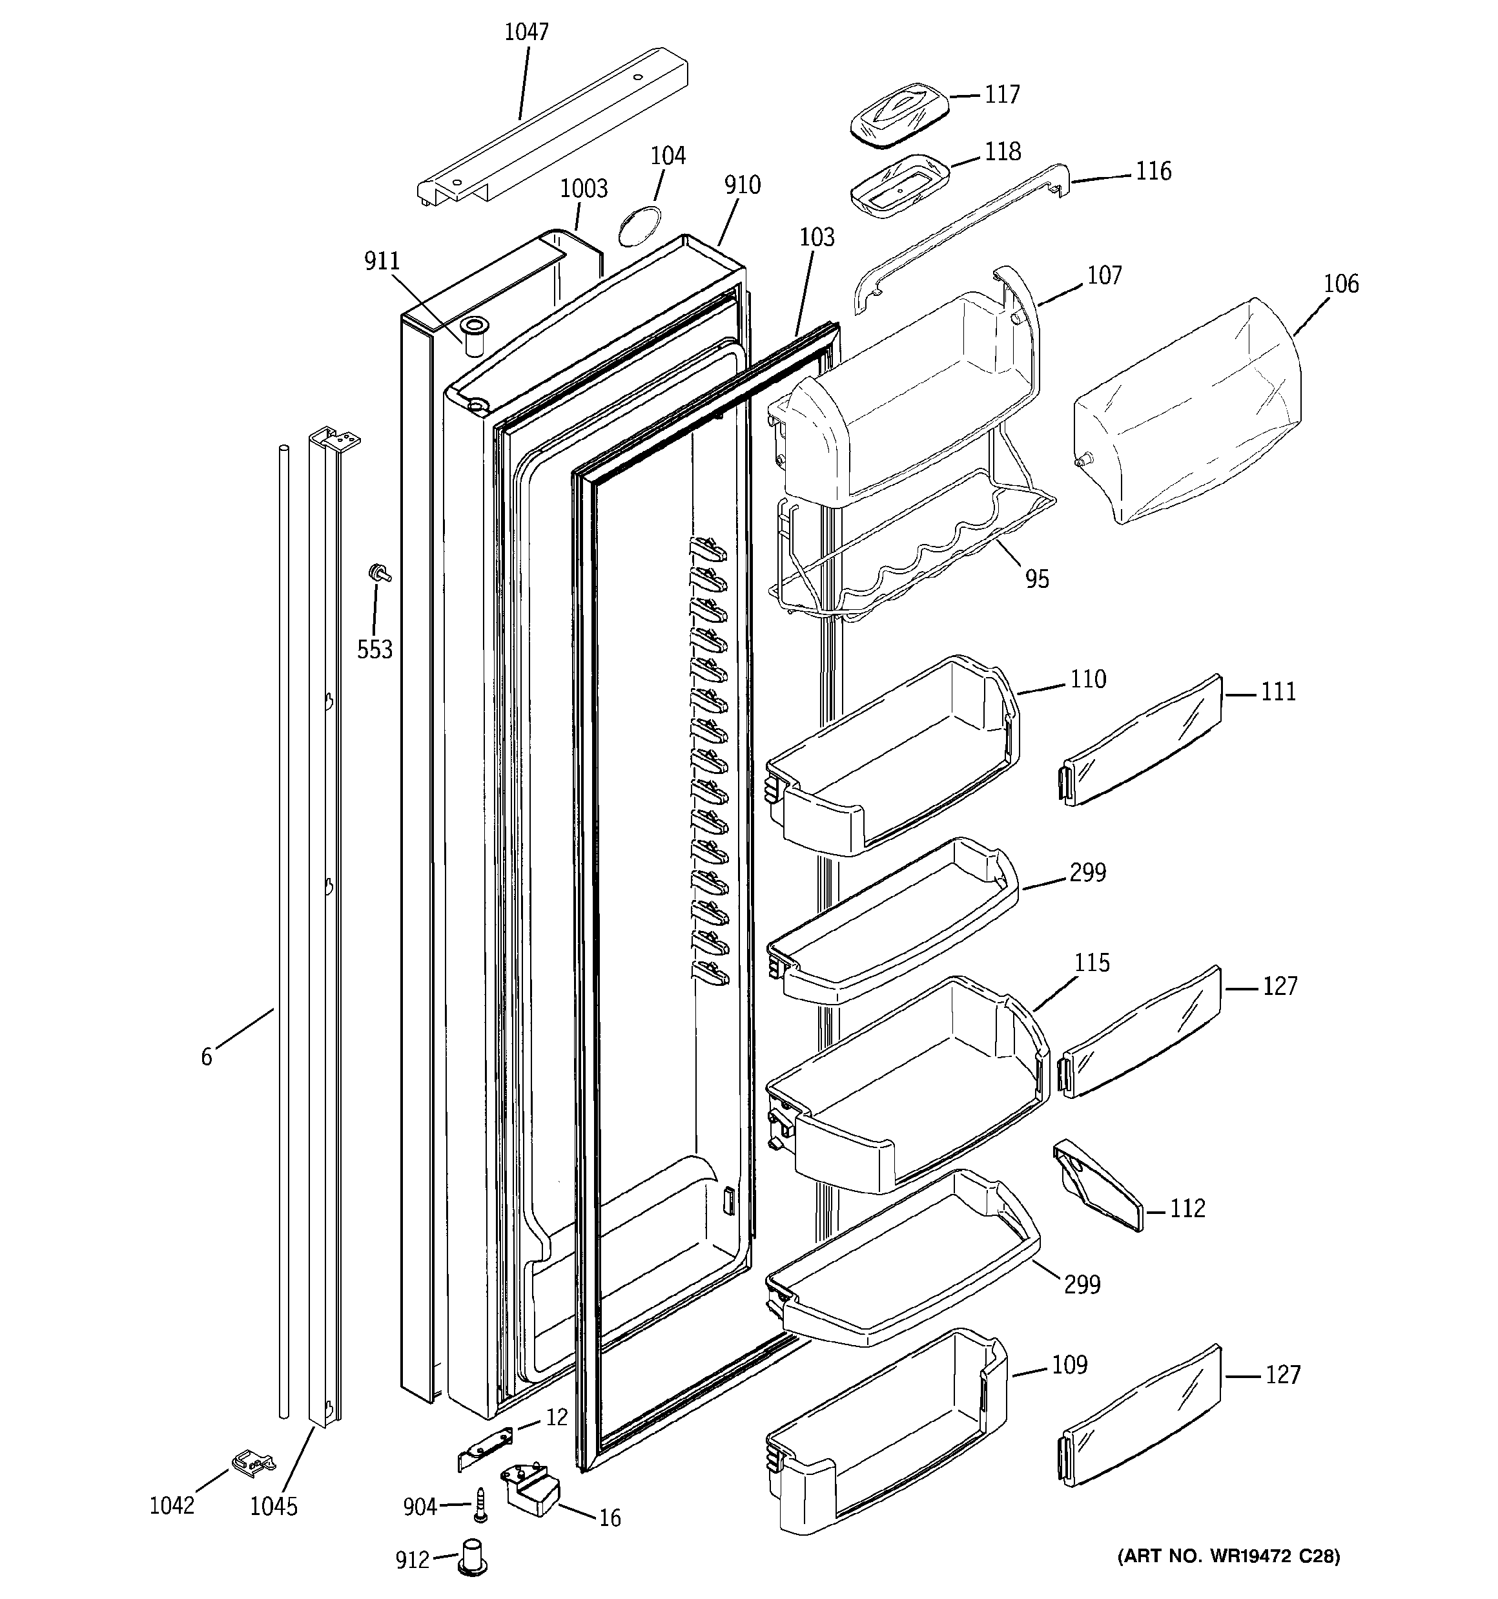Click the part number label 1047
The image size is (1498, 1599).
[x=527, y=32]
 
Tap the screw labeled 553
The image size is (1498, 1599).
[x=376, y=572]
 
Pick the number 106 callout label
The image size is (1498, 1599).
[x=1340, y=284]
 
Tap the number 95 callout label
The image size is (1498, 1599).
[x=1037, y=579]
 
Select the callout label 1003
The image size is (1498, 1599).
[x=584, y=189]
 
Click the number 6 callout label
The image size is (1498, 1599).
[x=207, y=1057]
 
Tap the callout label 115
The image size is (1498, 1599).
[x=1092, y=963]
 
